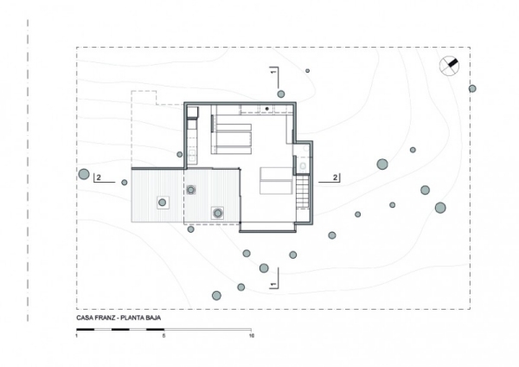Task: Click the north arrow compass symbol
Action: tap(450, 66)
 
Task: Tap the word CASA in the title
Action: tap(86, 319)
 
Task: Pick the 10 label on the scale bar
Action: tap(251, 335)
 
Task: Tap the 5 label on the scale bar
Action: tap(163, 335)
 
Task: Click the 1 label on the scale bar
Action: tap(77, 335)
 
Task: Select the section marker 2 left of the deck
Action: tap(99, 177)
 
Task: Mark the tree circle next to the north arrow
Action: tap(472, 88)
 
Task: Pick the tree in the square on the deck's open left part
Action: tap(162, 203)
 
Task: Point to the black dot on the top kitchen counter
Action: tap(267, 108)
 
